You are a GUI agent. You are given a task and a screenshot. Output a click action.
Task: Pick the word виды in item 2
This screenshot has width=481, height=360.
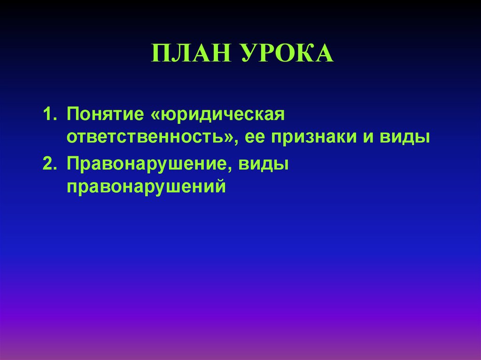(x=264, y=165)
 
